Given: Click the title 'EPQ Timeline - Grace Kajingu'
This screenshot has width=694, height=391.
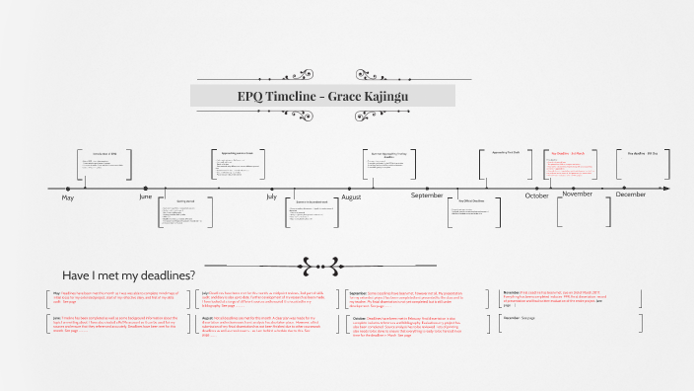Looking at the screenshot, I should pos(322,96).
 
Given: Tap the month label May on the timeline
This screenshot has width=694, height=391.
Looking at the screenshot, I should pos(67,198).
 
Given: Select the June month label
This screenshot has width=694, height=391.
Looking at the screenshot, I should pos(145,197).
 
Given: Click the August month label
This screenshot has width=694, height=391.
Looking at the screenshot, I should pos(350,197).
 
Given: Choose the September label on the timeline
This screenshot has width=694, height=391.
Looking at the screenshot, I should pos(427,195).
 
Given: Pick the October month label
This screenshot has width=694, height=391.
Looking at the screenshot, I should pos(536,195).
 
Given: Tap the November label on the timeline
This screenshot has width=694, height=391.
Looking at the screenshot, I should pos(577,194).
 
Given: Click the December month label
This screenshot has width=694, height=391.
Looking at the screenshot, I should pos(630,195).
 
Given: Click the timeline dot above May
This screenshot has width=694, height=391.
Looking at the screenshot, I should pos(67,188).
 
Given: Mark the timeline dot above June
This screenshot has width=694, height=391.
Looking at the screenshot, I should pos(145,188).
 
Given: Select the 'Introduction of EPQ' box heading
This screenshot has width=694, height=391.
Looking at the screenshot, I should pos(104,154).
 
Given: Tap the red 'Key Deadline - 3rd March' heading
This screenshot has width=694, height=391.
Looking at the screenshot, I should pos(568,154).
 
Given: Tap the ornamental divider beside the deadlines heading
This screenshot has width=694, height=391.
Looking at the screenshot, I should pos(322,265).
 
